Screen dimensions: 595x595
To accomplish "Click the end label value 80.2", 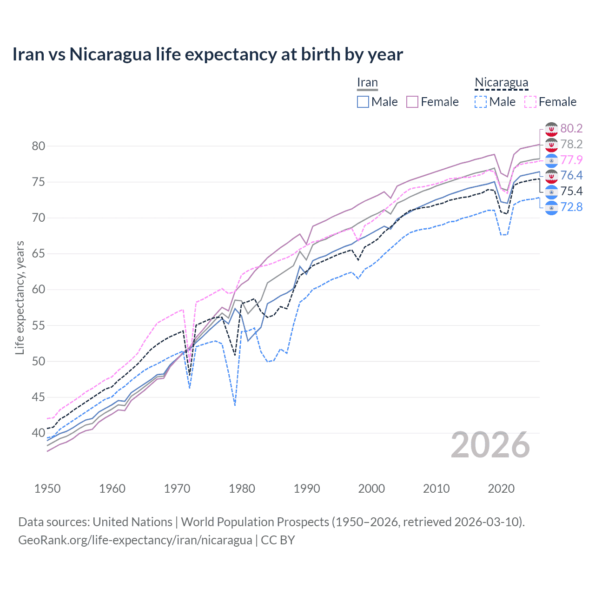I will [571, 128].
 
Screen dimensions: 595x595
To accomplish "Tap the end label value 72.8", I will [571, 207].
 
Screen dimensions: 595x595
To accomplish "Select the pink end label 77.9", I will [571, 160].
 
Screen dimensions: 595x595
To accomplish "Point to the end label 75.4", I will [571, 191].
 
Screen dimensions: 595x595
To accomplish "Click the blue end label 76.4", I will [571, 175].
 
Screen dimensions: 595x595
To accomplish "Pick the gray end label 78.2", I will [571, 144].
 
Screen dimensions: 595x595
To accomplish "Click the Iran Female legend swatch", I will [412, 102].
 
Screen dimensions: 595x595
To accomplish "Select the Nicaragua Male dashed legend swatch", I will [481, 102].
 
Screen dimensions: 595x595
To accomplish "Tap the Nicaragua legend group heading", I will [501, 83].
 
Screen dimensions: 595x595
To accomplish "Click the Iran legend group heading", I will [367, 83].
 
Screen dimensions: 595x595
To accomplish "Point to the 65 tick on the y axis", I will [39, 254].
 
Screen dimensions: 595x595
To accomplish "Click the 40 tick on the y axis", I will [39, 433].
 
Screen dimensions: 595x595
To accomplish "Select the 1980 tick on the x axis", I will [242, 489].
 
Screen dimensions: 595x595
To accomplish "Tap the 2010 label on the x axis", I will [436, 489].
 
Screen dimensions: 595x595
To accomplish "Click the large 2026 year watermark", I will [490, 445].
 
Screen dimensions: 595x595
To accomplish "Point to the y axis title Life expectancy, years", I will [20, 297].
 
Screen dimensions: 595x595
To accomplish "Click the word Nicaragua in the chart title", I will [111, 54].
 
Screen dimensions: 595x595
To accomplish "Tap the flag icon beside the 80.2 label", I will [551, 129].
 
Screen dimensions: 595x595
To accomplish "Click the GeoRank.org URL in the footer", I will [135, 540].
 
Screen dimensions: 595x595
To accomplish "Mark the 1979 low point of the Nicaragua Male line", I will [235, 405].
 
